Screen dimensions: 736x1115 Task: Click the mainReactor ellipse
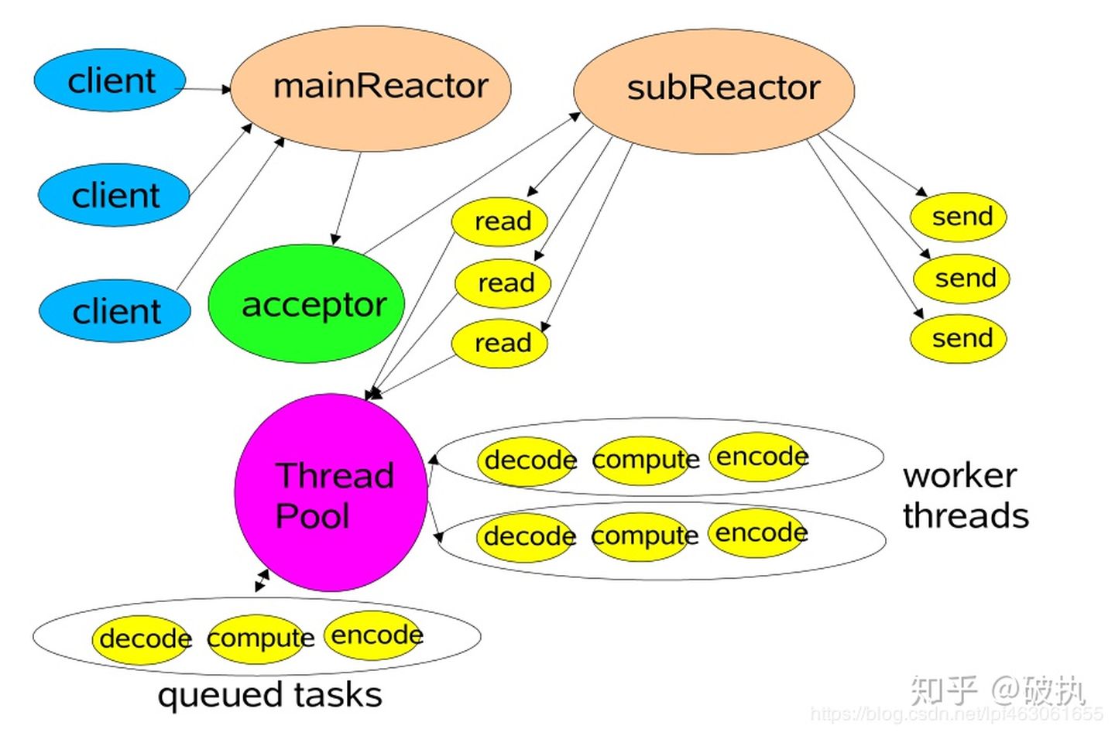[x=371, y=87]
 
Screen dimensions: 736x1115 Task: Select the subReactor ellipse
[x=713, y=90]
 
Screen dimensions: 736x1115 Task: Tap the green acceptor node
[x=307, y=304]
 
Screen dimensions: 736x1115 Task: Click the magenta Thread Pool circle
[x=331, y=493]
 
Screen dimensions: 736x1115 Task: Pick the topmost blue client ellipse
[x=110, y=80]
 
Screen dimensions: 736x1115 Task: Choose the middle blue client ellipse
[x=114, y=195]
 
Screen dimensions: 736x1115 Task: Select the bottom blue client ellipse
[x=115, y=311]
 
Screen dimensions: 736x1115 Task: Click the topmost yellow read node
[x=499, y=221]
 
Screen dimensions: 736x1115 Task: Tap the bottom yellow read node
[x=500, y=343]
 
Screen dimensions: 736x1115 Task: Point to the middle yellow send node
[x=962, y=278]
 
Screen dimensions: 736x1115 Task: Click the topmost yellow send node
[x=959, y=217]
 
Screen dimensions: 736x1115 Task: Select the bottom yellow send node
[x=959, y=338]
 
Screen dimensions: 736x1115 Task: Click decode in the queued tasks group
[x=142, y=639]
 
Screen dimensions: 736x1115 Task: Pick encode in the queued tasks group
[x=374, y=635]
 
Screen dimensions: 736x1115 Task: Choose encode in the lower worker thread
[x=758, y=532]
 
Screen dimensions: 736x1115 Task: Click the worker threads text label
[x=964, y=495]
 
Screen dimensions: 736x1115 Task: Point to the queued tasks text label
[x=269, y=695]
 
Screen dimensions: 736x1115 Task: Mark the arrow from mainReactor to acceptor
[x=348, y=198]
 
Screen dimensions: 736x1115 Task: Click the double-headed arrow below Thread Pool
[x=262, y=580]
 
